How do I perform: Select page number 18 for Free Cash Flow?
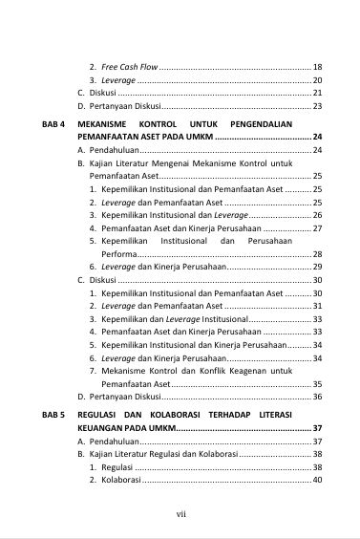pos(317,68)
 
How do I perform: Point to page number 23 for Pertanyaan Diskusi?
pos(317,105)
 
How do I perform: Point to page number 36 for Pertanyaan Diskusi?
pos(317,396)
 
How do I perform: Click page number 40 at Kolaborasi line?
pos(317,480)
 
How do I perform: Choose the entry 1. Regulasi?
pos(114,467)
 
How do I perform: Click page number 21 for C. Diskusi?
pos(317,93)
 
